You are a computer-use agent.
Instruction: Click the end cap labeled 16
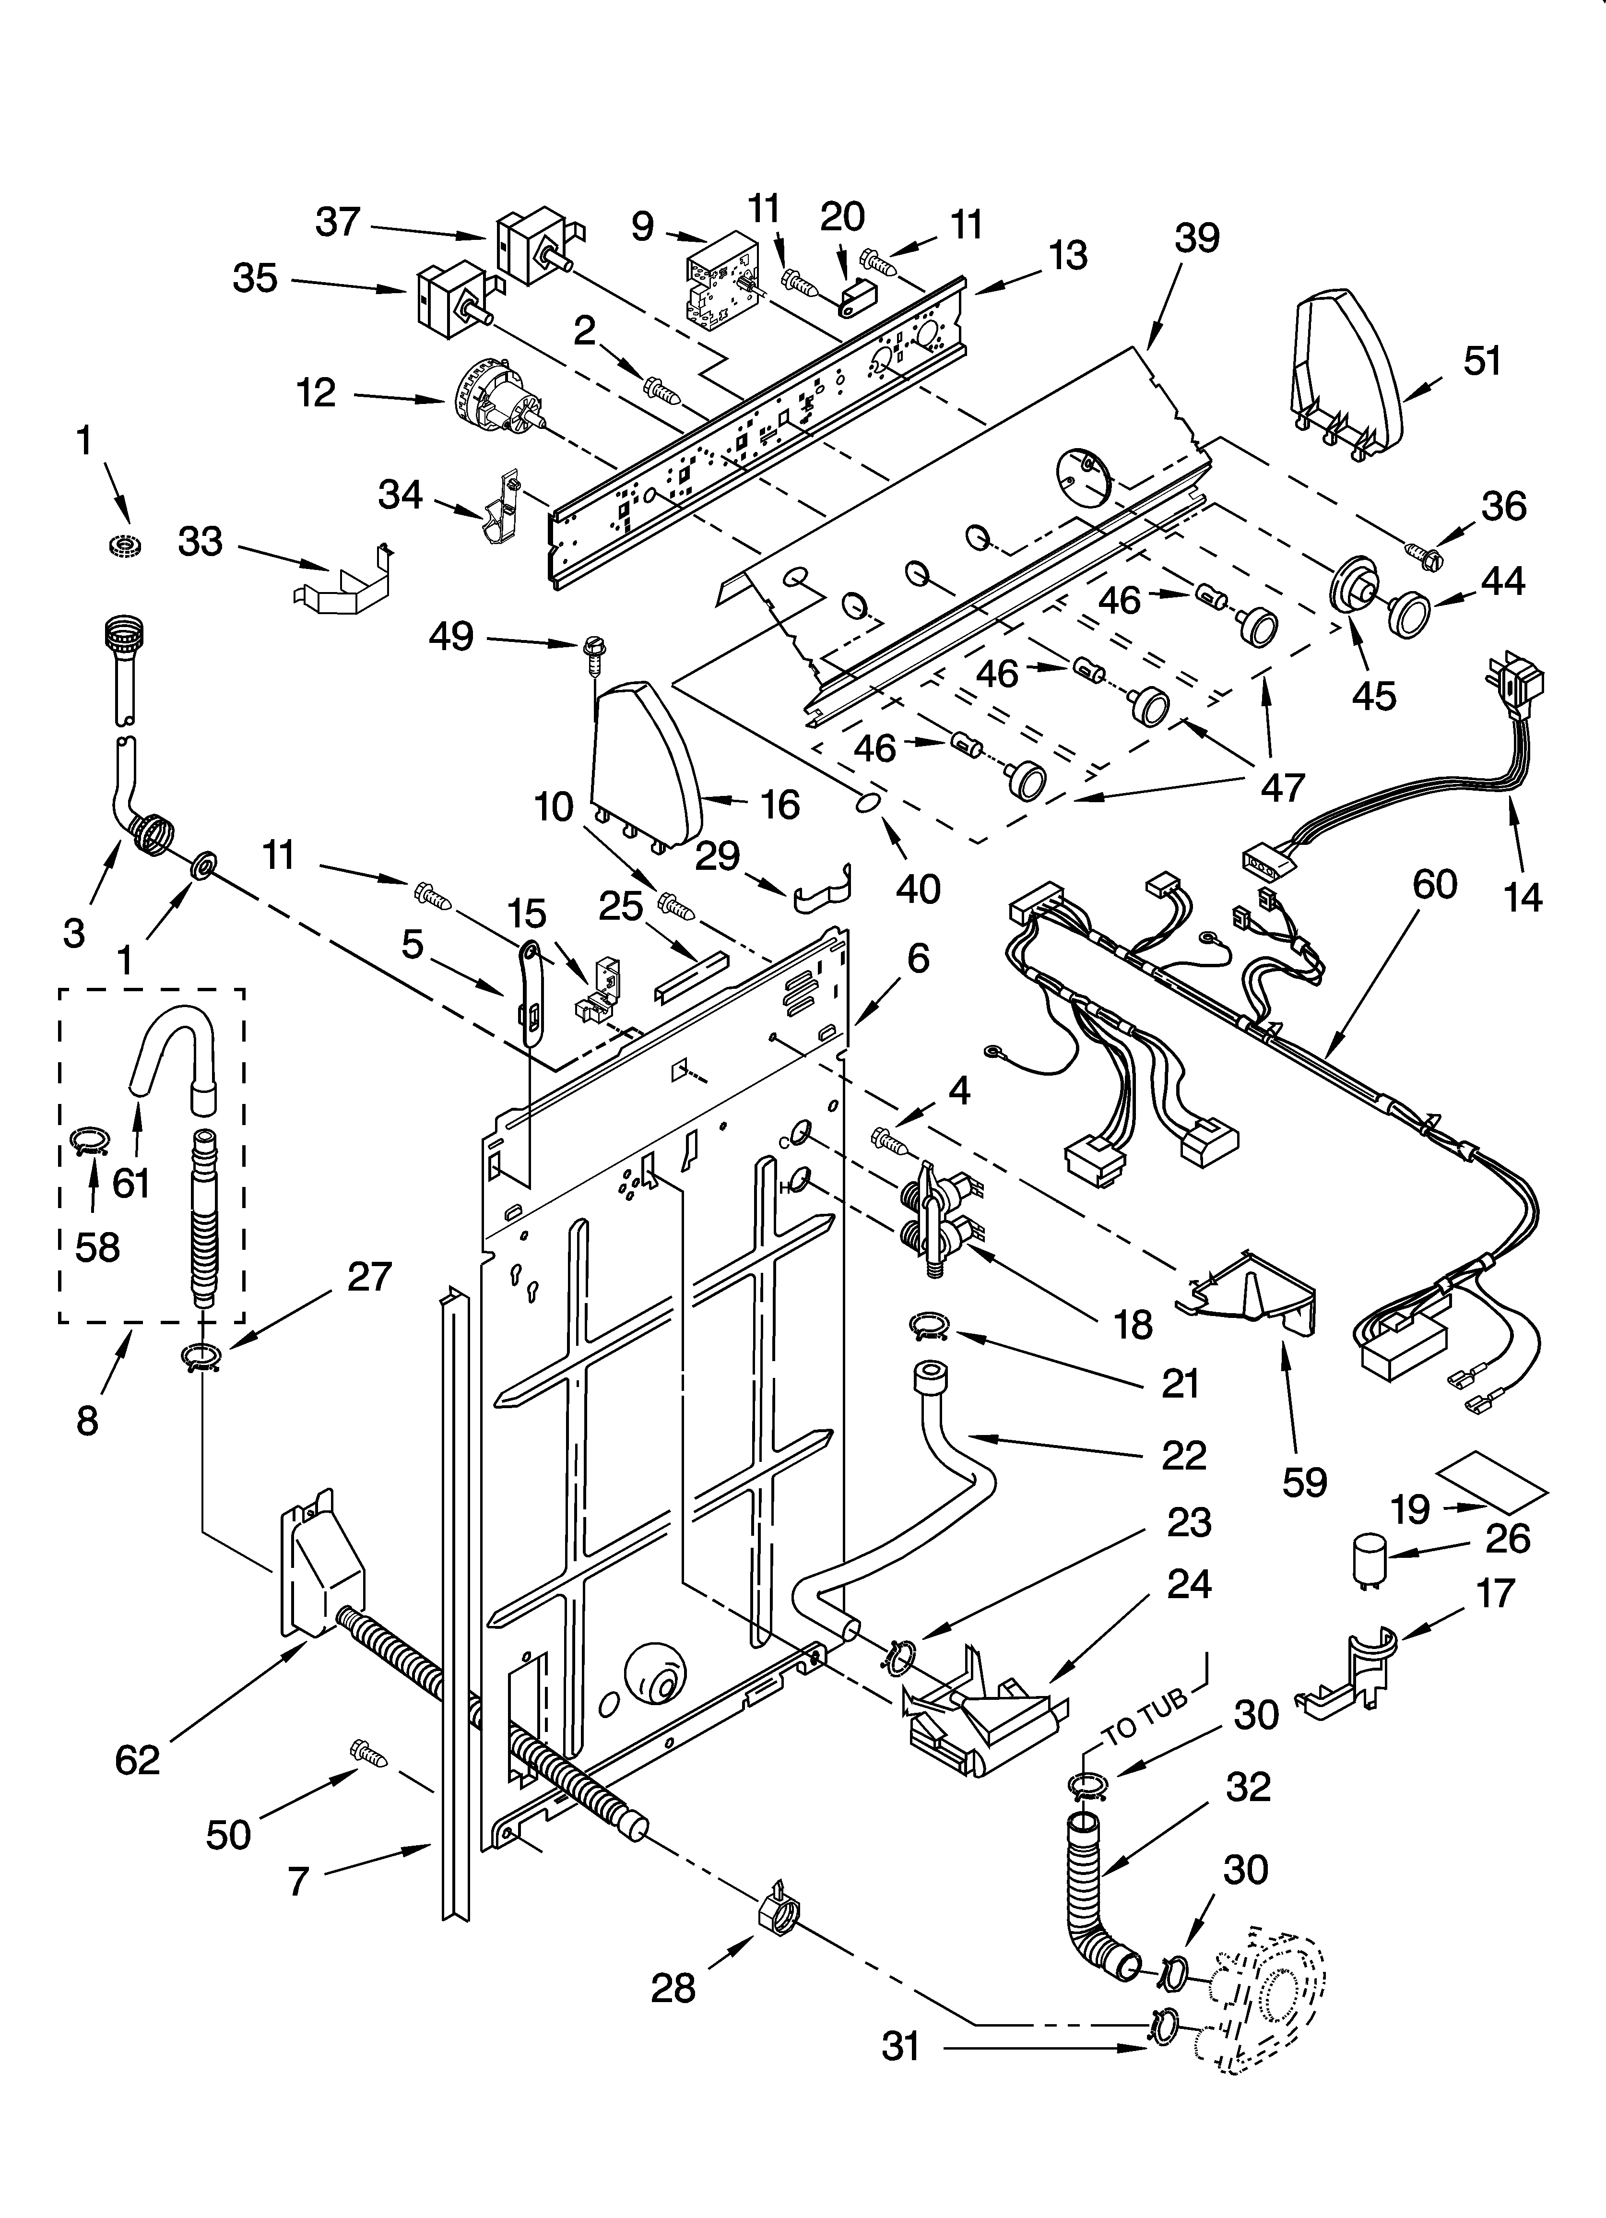[646, 763]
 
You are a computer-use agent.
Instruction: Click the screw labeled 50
[369, 1754]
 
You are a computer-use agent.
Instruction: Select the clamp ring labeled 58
[91, 1141]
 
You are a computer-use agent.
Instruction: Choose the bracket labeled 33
[347, 585]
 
